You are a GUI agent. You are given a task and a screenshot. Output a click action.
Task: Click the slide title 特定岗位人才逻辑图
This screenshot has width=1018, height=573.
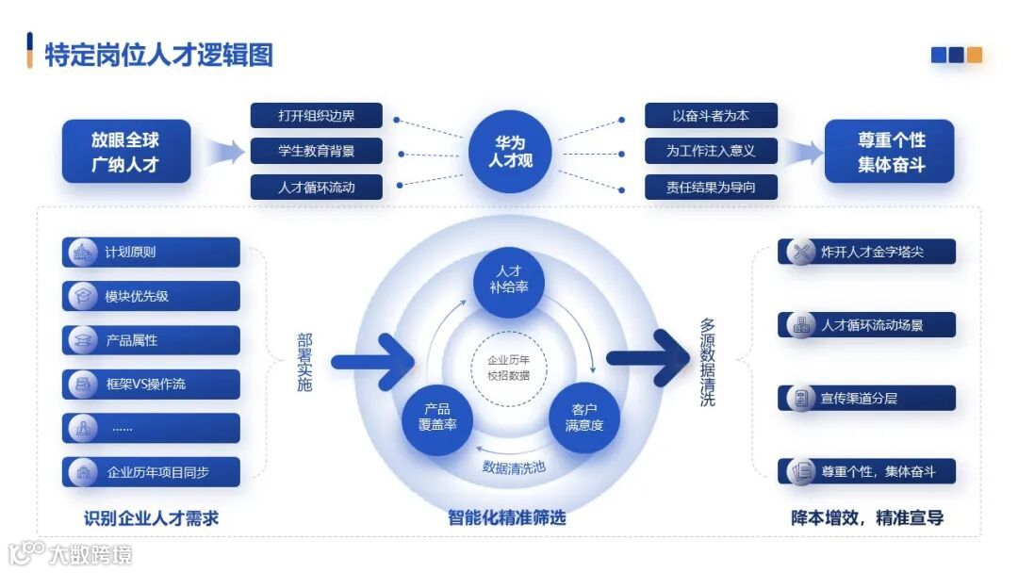pyautogui.click(x=158, y=54)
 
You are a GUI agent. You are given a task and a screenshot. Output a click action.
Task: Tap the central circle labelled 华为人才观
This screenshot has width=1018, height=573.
pyautogui.click(x=510, y=151)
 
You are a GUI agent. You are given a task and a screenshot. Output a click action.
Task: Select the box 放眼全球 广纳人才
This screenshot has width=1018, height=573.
pyautogui.click(x=126, y=151)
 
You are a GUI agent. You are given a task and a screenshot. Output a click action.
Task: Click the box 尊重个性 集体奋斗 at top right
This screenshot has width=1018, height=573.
pyautogui.click(x=890, y=151)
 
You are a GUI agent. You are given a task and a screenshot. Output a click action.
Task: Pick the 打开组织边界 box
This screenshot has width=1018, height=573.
pyautogui.click(x=317, y=116)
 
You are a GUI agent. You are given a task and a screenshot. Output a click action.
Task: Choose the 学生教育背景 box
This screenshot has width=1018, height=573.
pyautogui.click(x=317, y=151)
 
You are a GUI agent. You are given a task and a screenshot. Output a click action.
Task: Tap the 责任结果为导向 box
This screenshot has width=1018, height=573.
pyautogui.click(x=711, y=187)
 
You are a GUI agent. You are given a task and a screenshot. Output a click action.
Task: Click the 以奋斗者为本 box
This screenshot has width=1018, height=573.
pyautogui.click(x=711, y=116)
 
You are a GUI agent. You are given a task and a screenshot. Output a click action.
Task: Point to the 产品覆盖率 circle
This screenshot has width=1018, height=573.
pyautogui.click(x=437, y=417)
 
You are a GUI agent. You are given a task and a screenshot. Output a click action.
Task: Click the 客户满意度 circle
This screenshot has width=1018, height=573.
pyautogui.click(x=584, y=417)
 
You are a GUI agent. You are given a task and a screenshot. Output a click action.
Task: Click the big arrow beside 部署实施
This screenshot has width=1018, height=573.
pyautogui.click(x=368, y=360)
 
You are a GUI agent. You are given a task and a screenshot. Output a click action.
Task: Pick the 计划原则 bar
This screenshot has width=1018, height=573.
pyautogui.click(x=151, y=253)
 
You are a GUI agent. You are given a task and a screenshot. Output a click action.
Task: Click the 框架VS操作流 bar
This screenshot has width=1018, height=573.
pyautogui.click(x=151, y=384)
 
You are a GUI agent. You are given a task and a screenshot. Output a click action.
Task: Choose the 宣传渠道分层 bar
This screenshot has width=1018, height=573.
pyautogui.click(x=867, y=398)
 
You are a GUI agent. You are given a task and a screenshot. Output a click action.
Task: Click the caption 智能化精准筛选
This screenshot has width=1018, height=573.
pyautogui.click(x=507, y=517)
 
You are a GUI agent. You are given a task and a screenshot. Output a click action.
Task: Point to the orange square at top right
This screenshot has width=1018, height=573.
pyautogui.click(x=974, y=55)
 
